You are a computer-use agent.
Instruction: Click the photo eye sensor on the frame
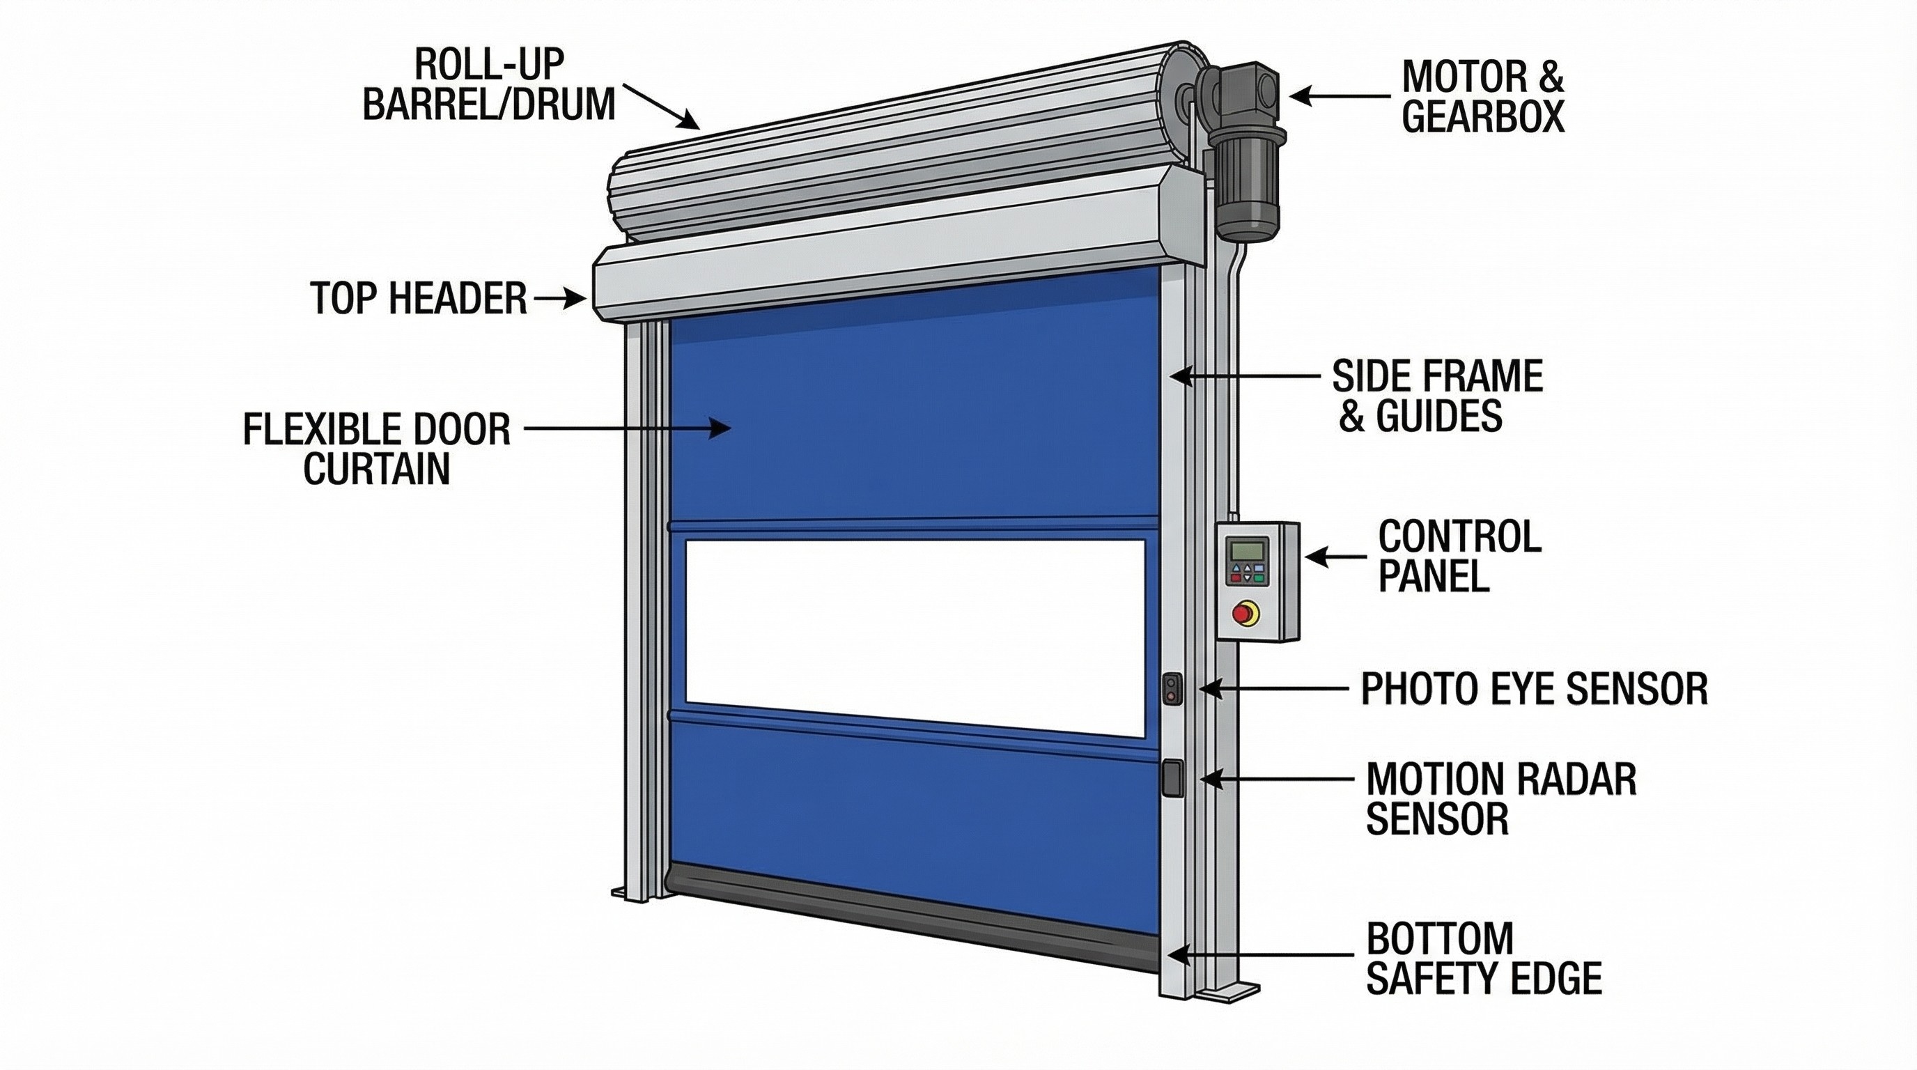coord(1172,688)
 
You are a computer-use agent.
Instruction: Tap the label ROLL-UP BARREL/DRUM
coord(488,85)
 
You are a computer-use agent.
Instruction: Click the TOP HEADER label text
coord(418,298)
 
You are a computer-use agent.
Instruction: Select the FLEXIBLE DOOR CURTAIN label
coord(377,449)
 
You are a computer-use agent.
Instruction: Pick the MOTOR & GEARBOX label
coord(1482,97)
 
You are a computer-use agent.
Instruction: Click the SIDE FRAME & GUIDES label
coord(1436,396)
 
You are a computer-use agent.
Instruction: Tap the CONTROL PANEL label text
coord(1459,555)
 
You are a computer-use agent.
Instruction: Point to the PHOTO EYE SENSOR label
coord(1534,688)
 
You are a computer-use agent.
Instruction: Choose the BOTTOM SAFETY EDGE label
coord(1482,959)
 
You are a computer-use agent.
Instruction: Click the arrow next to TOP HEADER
coord(559,299)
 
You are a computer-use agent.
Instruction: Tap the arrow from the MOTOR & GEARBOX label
coord(1340,96)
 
